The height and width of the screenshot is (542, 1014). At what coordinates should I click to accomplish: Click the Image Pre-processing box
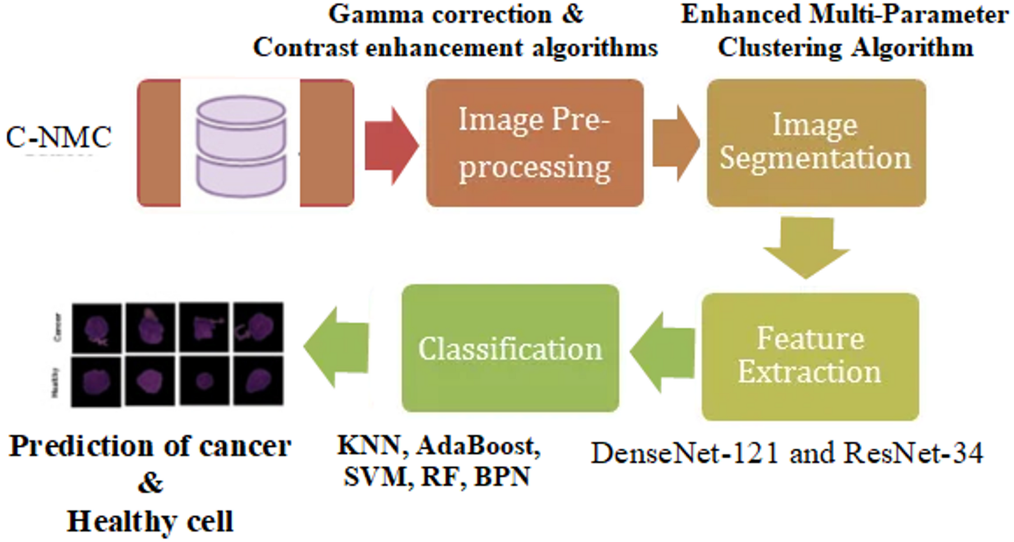click(534, 143)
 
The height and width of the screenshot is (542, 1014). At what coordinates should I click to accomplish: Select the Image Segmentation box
click(815, 143)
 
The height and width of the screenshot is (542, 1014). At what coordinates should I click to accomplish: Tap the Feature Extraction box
click(810, 356)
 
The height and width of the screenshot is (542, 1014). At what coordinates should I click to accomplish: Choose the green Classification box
click(510, 348)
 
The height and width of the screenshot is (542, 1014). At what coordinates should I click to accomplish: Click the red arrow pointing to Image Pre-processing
click(390, 145)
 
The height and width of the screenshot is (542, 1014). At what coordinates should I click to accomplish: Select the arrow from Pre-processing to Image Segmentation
click(675, 143)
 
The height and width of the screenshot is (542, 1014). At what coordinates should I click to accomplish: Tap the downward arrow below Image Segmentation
click(806, 247)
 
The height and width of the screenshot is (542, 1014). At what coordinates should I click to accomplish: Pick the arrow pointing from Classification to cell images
click(335, 347)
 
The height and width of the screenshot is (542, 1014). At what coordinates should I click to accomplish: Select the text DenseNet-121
click(685, 453)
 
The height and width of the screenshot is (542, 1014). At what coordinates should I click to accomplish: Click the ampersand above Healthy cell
click(150, 483)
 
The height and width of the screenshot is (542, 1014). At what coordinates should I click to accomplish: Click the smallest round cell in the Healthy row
click(204, 381)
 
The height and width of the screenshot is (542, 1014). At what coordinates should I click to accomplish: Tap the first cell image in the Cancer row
click(97, 328)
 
